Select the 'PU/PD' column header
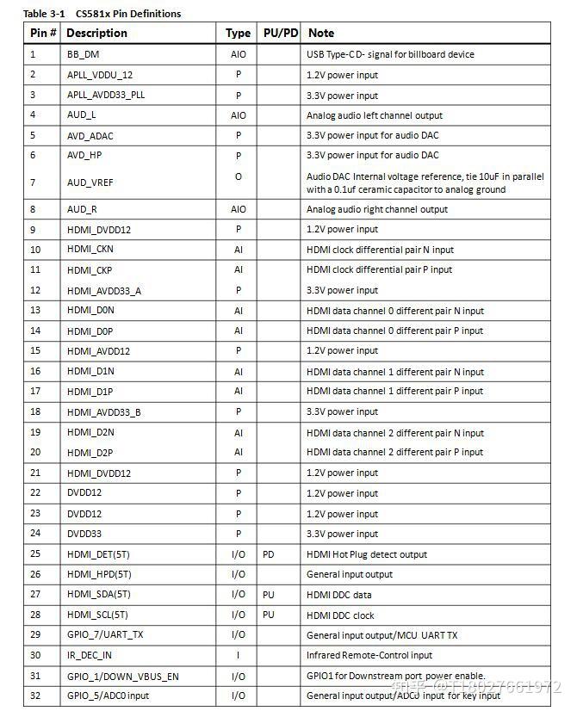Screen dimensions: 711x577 (x=280, y=33)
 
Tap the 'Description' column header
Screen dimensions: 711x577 (x=96, y=33)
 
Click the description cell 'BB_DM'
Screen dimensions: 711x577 (x=84, y=54)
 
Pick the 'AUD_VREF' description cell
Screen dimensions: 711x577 (x=90, y=182)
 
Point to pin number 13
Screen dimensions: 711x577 (x=35, y=311)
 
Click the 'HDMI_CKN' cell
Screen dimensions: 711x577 (x=90, y=250)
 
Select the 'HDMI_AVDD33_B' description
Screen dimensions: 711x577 (x=104, y=412)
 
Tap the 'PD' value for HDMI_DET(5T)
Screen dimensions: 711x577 (x=269, y=554)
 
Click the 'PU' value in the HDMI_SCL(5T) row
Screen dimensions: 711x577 (x=269, y=615)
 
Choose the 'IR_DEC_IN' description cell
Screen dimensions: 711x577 (x=90, y=655)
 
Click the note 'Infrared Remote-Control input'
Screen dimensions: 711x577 (x=369, y=655)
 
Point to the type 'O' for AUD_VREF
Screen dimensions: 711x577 (x=239, y=176)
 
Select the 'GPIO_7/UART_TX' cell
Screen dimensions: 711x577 (x=105, y=634)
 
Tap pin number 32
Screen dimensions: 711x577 (x=35, y=696)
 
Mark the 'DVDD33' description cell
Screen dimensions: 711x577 (x=84, y=534)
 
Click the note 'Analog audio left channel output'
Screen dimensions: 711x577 (x=375, y=115)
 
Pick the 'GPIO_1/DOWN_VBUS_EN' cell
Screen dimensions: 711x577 (x=123, y=677)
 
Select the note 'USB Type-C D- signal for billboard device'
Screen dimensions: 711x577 (x=390, y=54)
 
